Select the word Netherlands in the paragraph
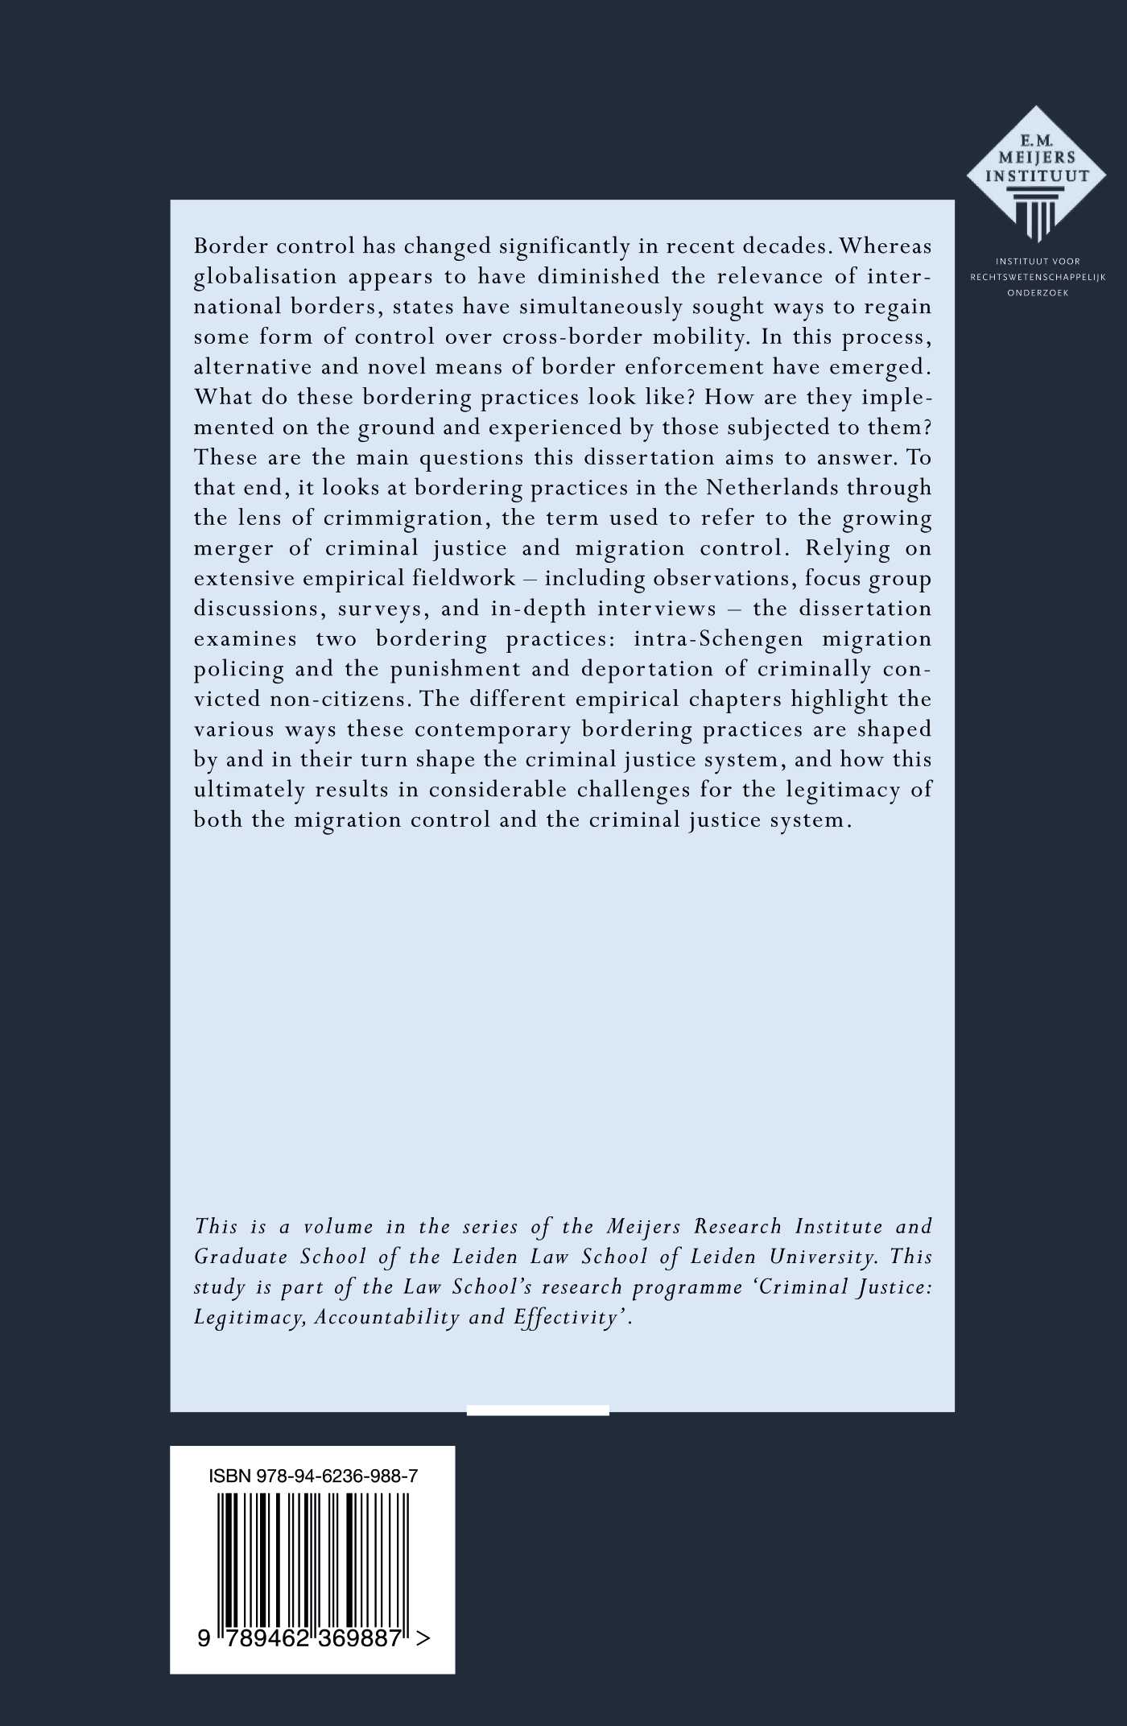click(x=770, y=488)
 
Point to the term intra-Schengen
click(x=718, y=639)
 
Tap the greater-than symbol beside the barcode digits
click(x=423, y=1638)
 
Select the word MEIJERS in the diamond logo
click(x=1037, y=158)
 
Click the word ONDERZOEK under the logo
click(x=1038, y=293)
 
